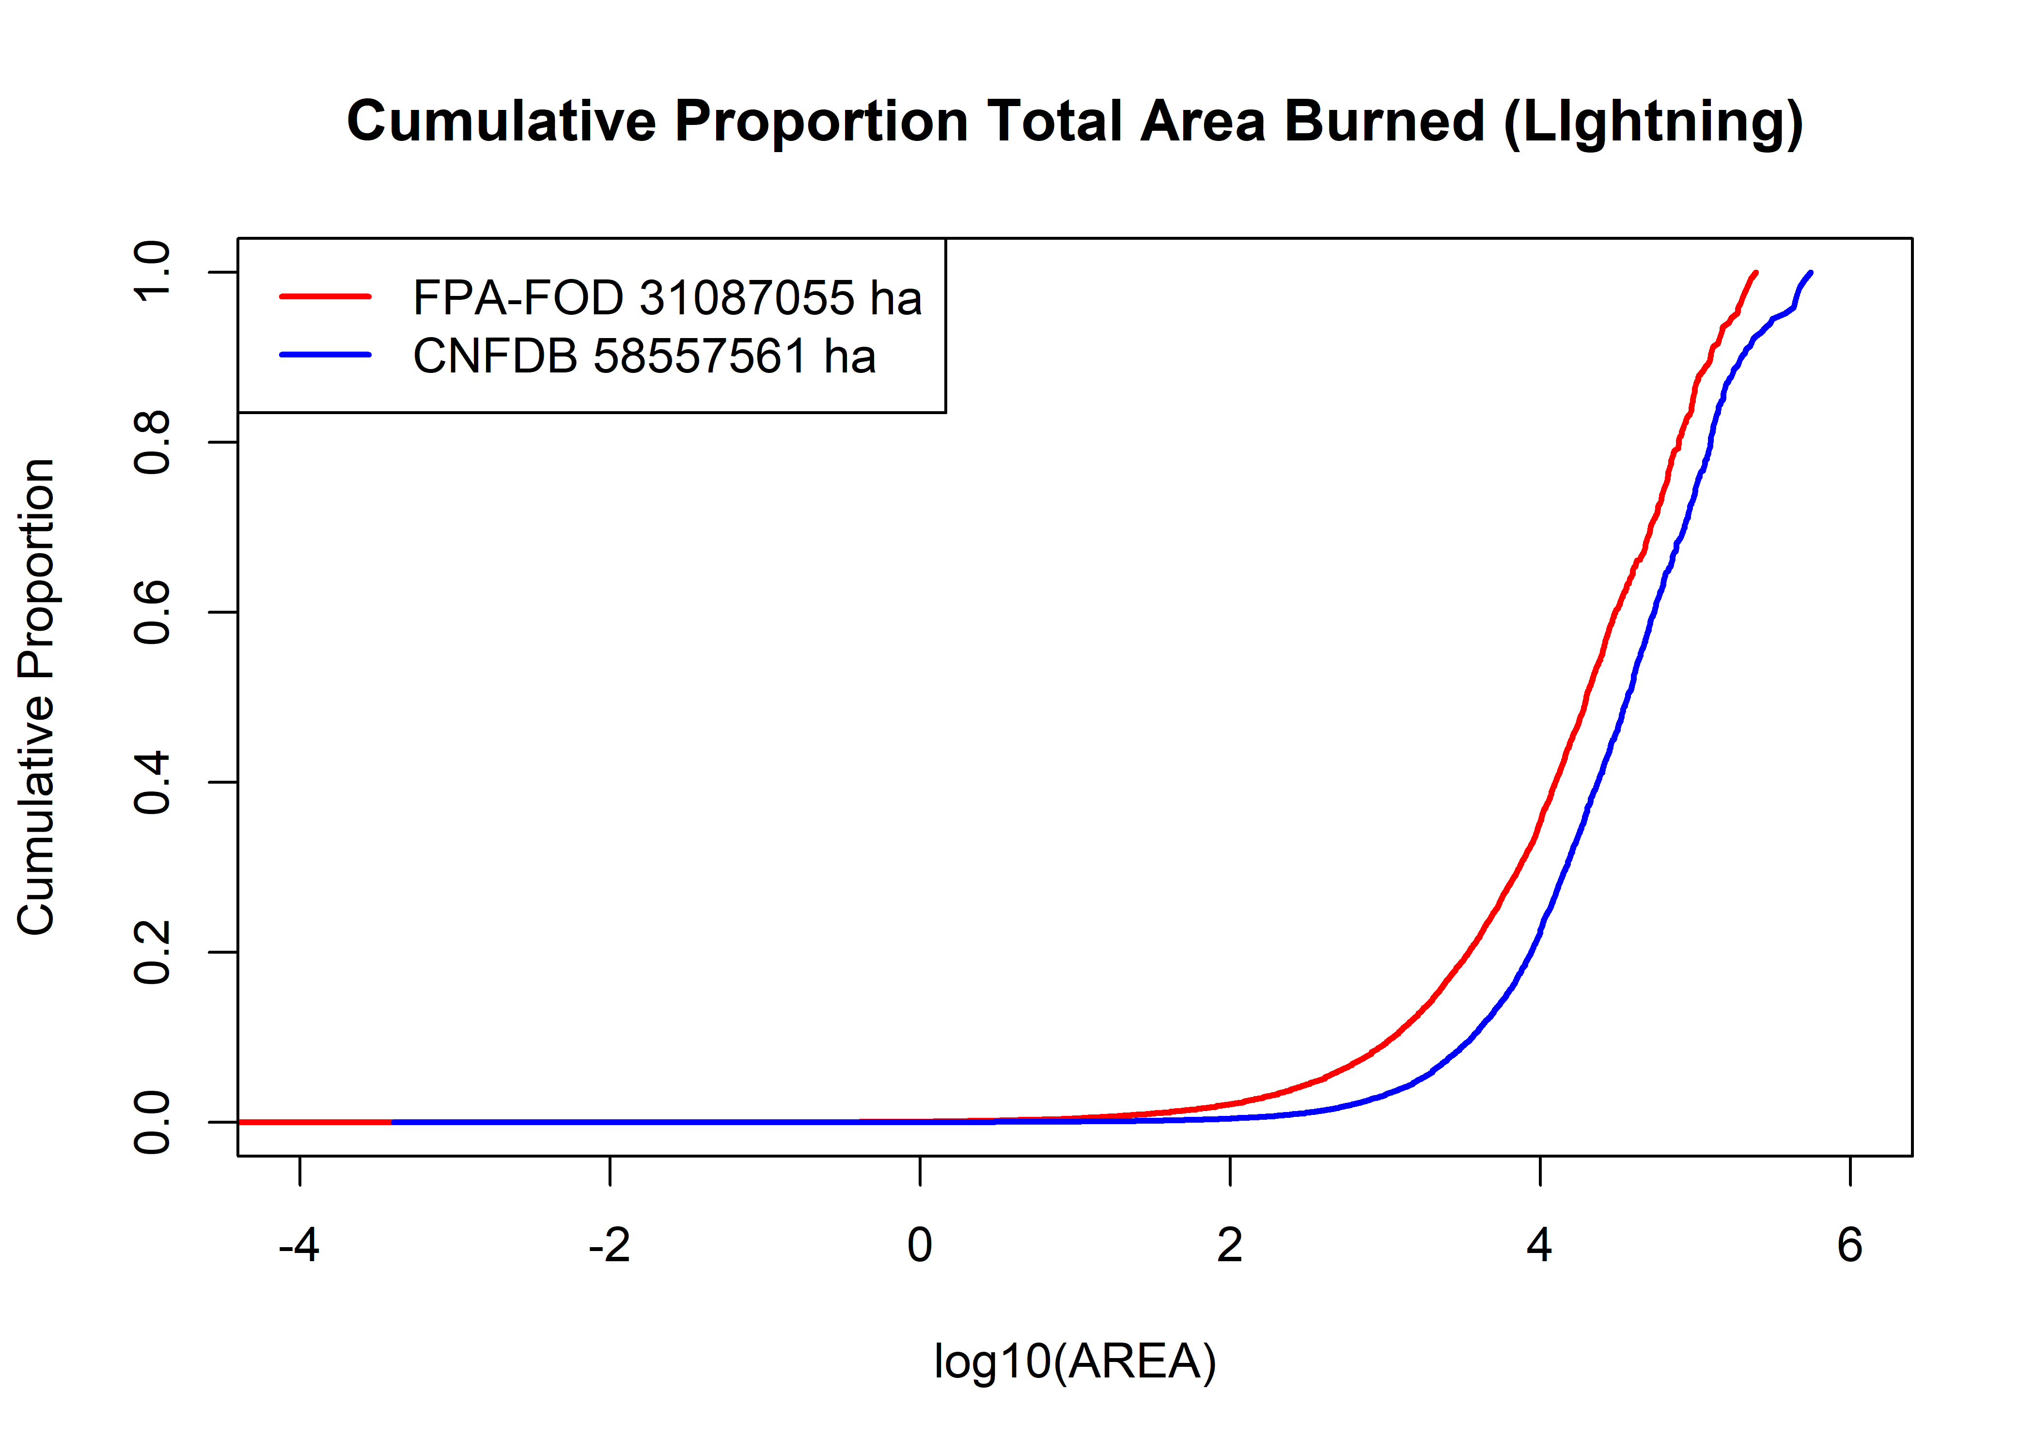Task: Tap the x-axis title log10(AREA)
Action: pos(1075,1362)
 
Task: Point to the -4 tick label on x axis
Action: pos(299,1245)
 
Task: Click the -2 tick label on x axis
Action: pos(610,1245)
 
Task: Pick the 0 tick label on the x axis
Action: pos(920,1245)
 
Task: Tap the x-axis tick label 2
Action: pos(1230,1245)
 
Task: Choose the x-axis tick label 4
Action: pos(1539,1245)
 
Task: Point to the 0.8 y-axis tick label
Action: pos(152,442)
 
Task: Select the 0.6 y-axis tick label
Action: pos(152,612)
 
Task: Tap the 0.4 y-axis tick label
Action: pos(152,782)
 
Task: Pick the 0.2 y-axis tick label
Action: pos(152,952)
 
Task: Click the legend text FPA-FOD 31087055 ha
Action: pos(667,298)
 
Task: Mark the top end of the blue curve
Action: pos(1810,273)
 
